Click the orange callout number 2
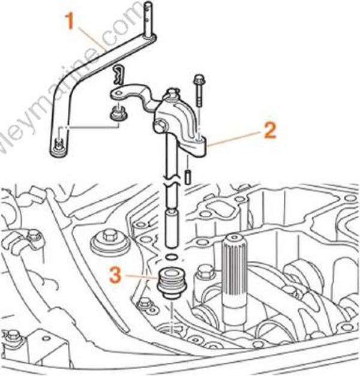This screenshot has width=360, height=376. tap(270, 130)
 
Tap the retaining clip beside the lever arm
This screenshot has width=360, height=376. tap(119, 74)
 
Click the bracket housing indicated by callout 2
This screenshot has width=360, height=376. tap(180, 120)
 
